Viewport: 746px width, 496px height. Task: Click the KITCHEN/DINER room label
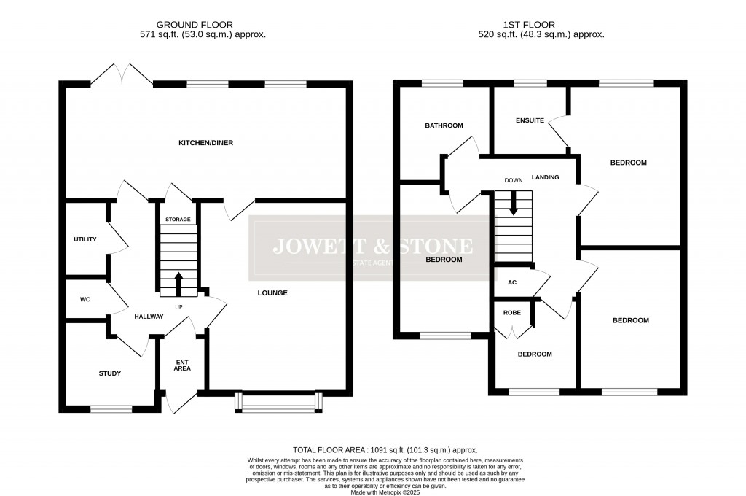pos(206,143)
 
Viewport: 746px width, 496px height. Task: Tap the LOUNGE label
pos(272,293)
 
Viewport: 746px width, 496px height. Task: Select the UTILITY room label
pos(85,239)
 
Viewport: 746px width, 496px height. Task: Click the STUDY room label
pos(110,373)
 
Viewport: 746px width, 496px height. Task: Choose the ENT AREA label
pos(181,365)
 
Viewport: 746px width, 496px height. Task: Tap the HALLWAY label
pos(148,317)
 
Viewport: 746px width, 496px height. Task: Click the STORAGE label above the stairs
pos(178,220)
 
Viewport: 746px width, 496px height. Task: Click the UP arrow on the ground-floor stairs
pos(178,283)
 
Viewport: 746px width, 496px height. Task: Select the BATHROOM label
pos(444,125)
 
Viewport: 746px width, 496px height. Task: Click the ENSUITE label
pos(530,120)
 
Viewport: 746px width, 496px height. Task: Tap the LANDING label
pos(545,177)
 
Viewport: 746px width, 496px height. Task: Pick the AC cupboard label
pos(511,282)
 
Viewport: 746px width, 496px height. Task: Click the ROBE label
pos(512,312)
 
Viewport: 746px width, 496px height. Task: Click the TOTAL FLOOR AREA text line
pos(385,450)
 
